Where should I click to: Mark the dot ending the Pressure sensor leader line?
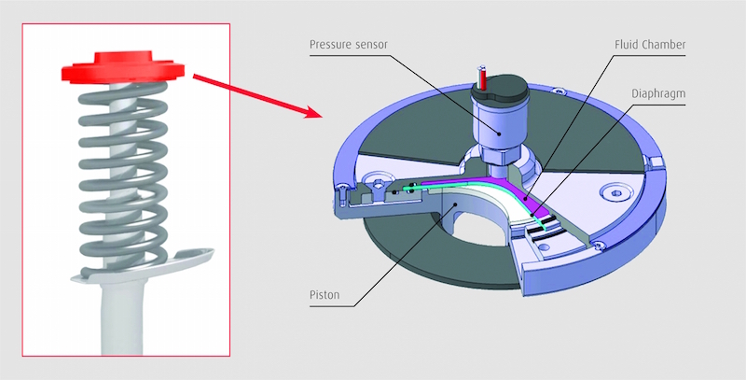[x=497, y=133]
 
